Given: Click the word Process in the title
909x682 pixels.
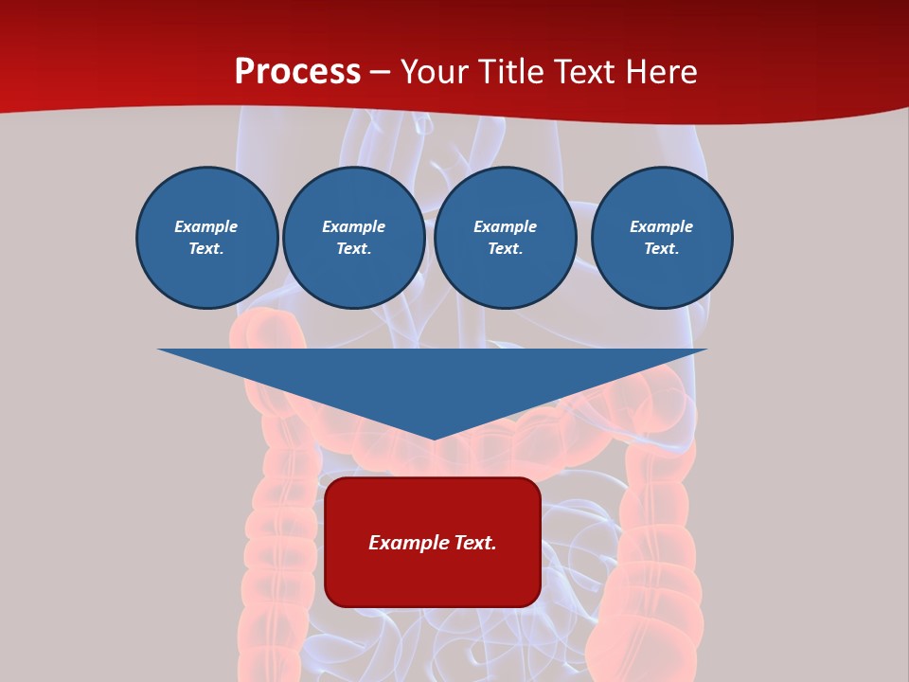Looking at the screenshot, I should (x=297, y=72).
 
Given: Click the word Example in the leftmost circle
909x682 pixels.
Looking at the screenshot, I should (x=206, y=226).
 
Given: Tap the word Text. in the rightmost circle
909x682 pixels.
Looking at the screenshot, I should (x=661, y=248).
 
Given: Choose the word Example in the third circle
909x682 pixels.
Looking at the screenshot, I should (x=505, y=226).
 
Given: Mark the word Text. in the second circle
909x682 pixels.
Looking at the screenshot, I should (x=353, y=248).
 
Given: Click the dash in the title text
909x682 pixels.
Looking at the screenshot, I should (x=381, y=73).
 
